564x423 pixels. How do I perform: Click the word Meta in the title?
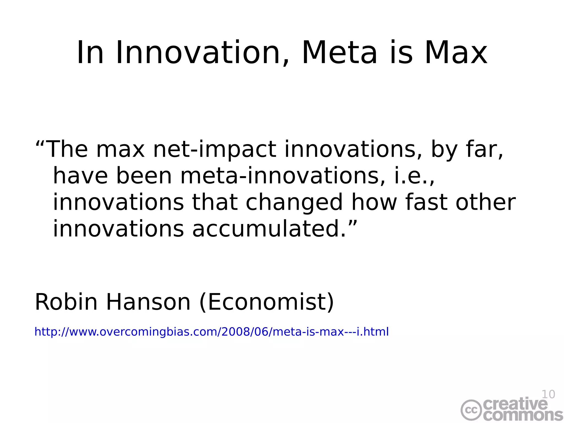339,53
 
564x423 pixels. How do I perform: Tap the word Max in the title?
456,53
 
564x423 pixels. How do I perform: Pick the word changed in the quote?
294,203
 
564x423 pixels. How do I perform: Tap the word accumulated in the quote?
269,229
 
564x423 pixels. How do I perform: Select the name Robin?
66,302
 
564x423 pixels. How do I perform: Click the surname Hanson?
148,302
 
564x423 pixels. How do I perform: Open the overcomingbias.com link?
211,332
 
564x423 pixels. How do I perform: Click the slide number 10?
548,394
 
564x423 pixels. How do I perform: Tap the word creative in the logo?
515,404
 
